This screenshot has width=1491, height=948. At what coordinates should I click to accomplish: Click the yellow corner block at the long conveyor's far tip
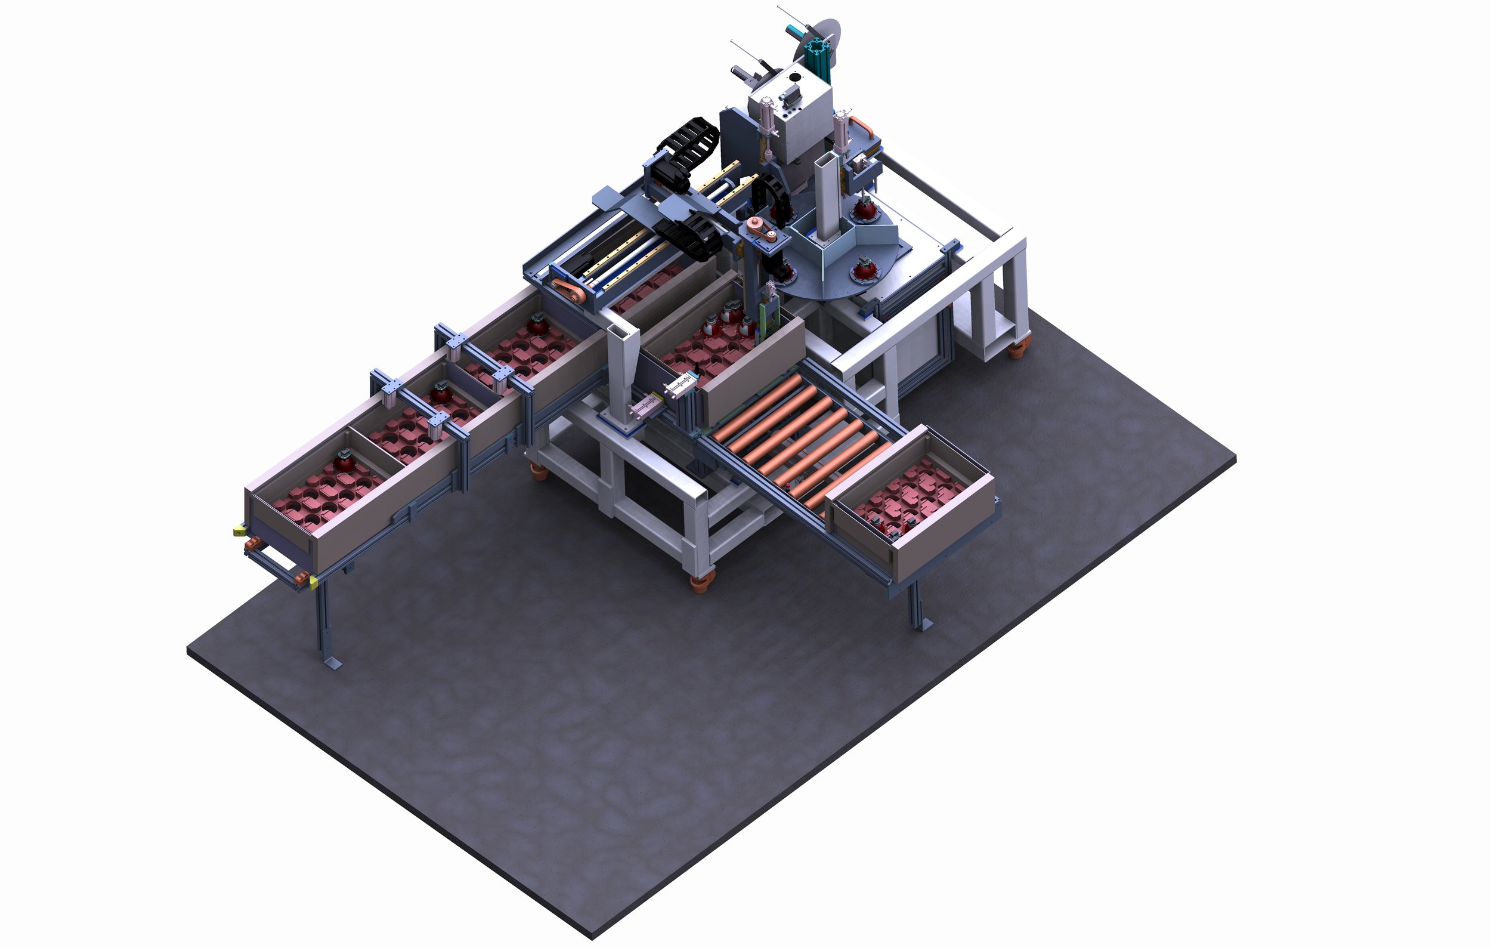(239, 530)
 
